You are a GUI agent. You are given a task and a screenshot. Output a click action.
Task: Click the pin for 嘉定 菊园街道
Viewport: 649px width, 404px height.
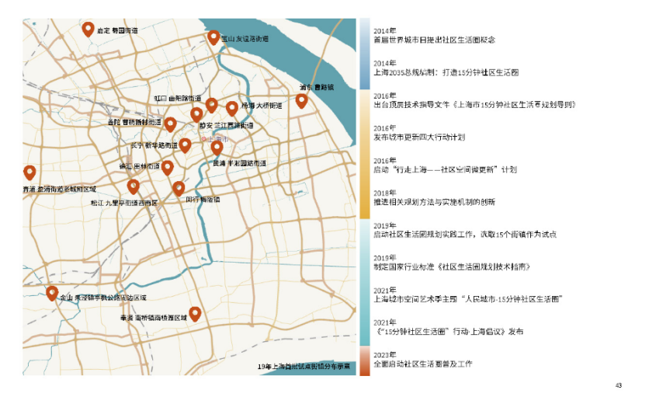[88, 30]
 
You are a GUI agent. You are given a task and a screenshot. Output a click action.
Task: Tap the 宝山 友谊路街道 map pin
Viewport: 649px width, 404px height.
[213, 37]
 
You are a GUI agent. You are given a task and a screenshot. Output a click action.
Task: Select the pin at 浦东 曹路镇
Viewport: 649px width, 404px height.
[302, 101]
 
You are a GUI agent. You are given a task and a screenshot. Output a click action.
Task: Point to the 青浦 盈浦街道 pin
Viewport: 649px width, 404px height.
[30, 173]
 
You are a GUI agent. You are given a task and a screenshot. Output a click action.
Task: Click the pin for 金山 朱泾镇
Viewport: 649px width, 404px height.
[52, 294]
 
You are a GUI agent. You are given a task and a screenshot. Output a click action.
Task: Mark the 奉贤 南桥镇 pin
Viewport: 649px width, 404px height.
[195, 314]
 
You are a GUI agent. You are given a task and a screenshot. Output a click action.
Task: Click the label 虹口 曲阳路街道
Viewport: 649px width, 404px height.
[177, 99]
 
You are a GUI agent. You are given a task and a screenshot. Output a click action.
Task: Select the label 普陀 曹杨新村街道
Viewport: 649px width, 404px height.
[134, 122]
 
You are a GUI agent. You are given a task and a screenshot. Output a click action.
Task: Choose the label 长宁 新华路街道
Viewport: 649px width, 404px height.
[154, 145]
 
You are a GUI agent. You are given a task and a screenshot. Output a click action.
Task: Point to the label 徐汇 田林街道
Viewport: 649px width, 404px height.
[140, 165]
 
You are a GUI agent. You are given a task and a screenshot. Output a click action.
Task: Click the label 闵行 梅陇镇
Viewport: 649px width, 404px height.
[203, 199]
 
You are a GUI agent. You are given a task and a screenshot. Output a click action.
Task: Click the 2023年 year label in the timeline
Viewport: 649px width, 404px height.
[384, 355]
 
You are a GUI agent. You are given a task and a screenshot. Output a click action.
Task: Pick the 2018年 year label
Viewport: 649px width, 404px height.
[384, 193]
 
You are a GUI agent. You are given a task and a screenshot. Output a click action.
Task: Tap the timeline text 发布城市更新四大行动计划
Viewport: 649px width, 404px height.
[419, 138]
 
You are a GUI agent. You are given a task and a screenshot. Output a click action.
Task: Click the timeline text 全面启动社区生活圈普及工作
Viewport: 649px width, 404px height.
[423, 364]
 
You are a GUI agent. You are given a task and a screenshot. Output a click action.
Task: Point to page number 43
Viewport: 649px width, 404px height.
[619, 385]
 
